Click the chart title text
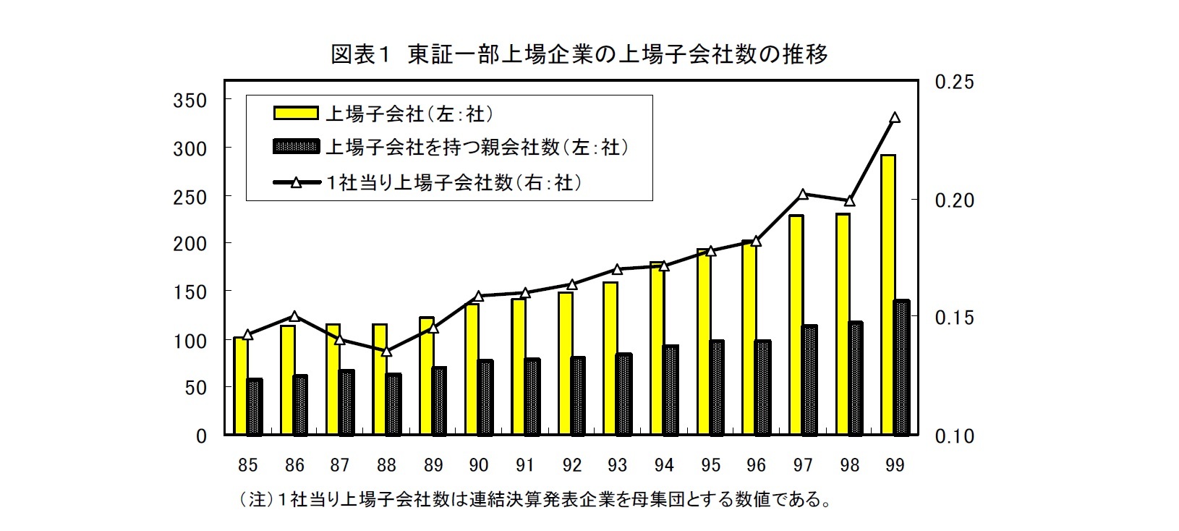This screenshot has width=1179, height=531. click(x=579, y=55)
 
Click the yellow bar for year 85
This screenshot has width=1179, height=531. click(x=240, y=386)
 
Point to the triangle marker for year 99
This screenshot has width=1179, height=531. click(x=895, y=118)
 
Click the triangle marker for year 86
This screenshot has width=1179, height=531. click(x=294, y=316)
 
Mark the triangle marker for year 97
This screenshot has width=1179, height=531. click(x=803, y=194)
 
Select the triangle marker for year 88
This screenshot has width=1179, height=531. click(x=386, y=351)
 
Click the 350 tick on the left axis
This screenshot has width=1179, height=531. click(x=192, y=100)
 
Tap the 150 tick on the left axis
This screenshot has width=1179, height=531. click(x=192, y=292)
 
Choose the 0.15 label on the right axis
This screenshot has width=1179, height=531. click(x=955, y=318)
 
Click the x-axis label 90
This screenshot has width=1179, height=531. click(x=479, y=465)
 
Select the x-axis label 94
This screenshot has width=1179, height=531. click(x=663, y=465)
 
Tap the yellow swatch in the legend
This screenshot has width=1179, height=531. click(x=296, y=113)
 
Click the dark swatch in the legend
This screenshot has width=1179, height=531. click(x=296, y=147)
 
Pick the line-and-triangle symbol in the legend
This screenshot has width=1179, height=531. click(x=296, y=183)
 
